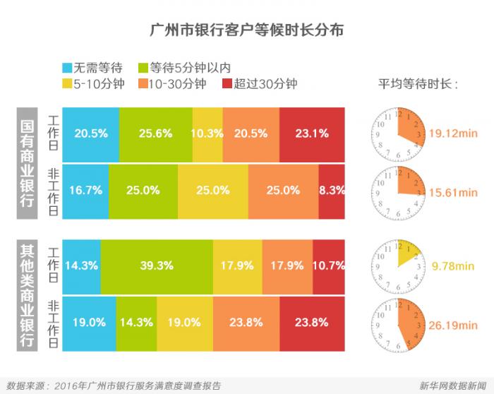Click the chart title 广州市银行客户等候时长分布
point(246,32)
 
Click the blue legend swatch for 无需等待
point(68,68)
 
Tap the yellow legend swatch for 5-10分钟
point(68,84)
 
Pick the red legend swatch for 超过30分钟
point(227,84)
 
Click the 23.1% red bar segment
point(312,133)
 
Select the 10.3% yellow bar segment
point(207,133)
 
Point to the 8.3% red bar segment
point(332,191)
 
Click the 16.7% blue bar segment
point(86,191)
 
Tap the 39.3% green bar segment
point(157,265)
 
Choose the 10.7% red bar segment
point(329,265)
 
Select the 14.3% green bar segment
point(136,322)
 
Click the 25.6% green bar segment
point(155,133)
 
